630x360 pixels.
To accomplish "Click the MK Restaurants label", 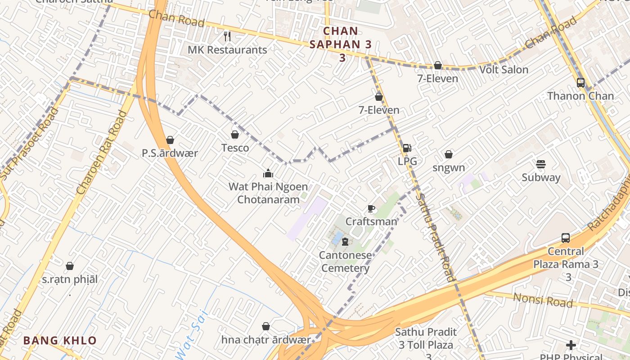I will (227, 50).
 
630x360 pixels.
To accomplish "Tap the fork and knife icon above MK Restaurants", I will (227, 36).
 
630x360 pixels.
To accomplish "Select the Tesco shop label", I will (235, 148).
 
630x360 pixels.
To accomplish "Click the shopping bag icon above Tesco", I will (234, 135).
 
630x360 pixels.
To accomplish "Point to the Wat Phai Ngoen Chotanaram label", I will (268, 193).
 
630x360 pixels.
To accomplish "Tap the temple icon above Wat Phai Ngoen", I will (268, 173).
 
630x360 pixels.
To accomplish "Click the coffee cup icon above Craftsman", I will (371, 208).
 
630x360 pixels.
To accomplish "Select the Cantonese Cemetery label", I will (346, 262).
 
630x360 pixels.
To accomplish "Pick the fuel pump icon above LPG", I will (407, 148).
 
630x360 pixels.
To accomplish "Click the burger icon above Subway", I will (541, 164).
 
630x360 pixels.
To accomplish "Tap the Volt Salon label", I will (504, 70).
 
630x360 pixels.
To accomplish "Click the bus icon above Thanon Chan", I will (580, 83).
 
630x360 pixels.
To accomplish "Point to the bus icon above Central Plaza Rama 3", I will (566, 238).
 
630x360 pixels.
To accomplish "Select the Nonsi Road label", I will (543, 300).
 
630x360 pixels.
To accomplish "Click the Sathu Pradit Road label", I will (435, 236).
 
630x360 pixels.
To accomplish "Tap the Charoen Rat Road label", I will (102, 153).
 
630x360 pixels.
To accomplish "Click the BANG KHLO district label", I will (60, 341).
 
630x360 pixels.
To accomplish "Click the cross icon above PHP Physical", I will (571, 345).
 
